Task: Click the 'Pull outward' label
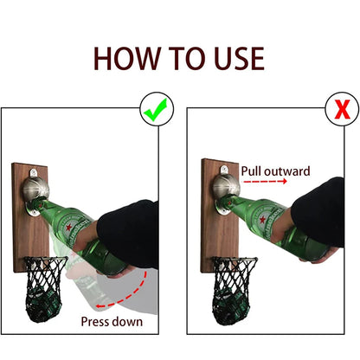point(275,171)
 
